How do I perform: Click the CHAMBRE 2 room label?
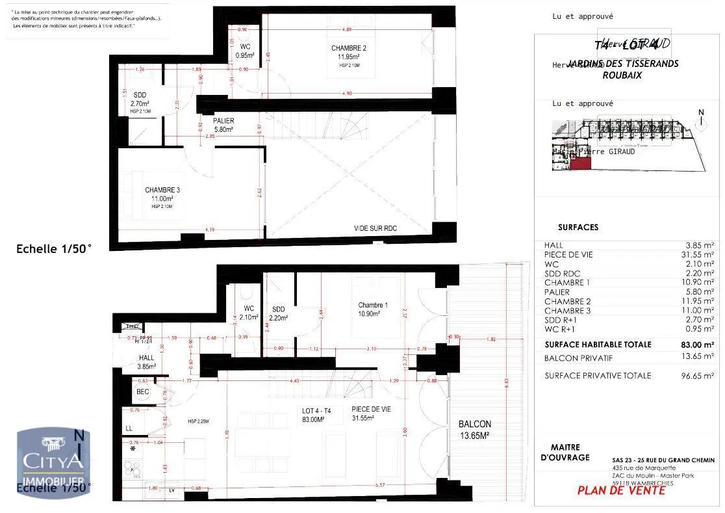click(x=349, y=49)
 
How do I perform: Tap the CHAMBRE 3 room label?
click(x=162, y=190)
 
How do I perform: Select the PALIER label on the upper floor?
click(x=223, y=121)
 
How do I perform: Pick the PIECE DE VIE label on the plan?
click(x=371, y=409)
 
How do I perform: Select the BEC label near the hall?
click(x=143, y=391)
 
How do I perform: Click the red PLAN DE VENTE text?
click(x=621, y=491)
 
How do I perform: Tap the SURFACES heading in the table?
click(x=578, y=228)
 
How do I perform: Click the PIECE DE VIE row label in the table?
click(x=568, y=255)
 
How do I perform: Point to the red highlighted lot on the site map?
click(x=581, y=163)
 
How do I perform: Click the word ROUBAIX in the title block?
click(x=622, y=75)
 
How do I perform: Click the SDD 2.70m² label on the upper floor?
click(x=140, y=99)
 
